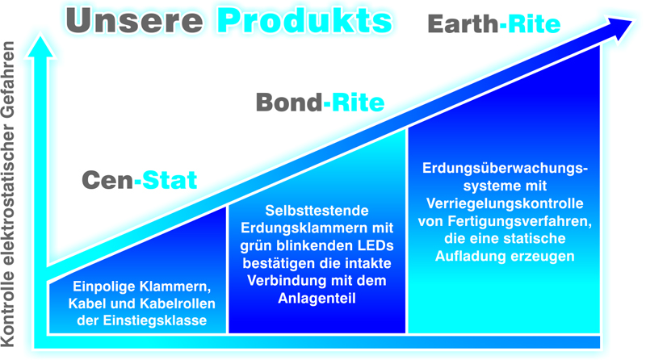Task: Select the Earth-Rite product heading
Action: point(493,24)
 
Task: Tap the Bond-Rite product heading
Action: point(320,103)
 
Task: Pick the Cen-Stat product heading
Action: point(139,179)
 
